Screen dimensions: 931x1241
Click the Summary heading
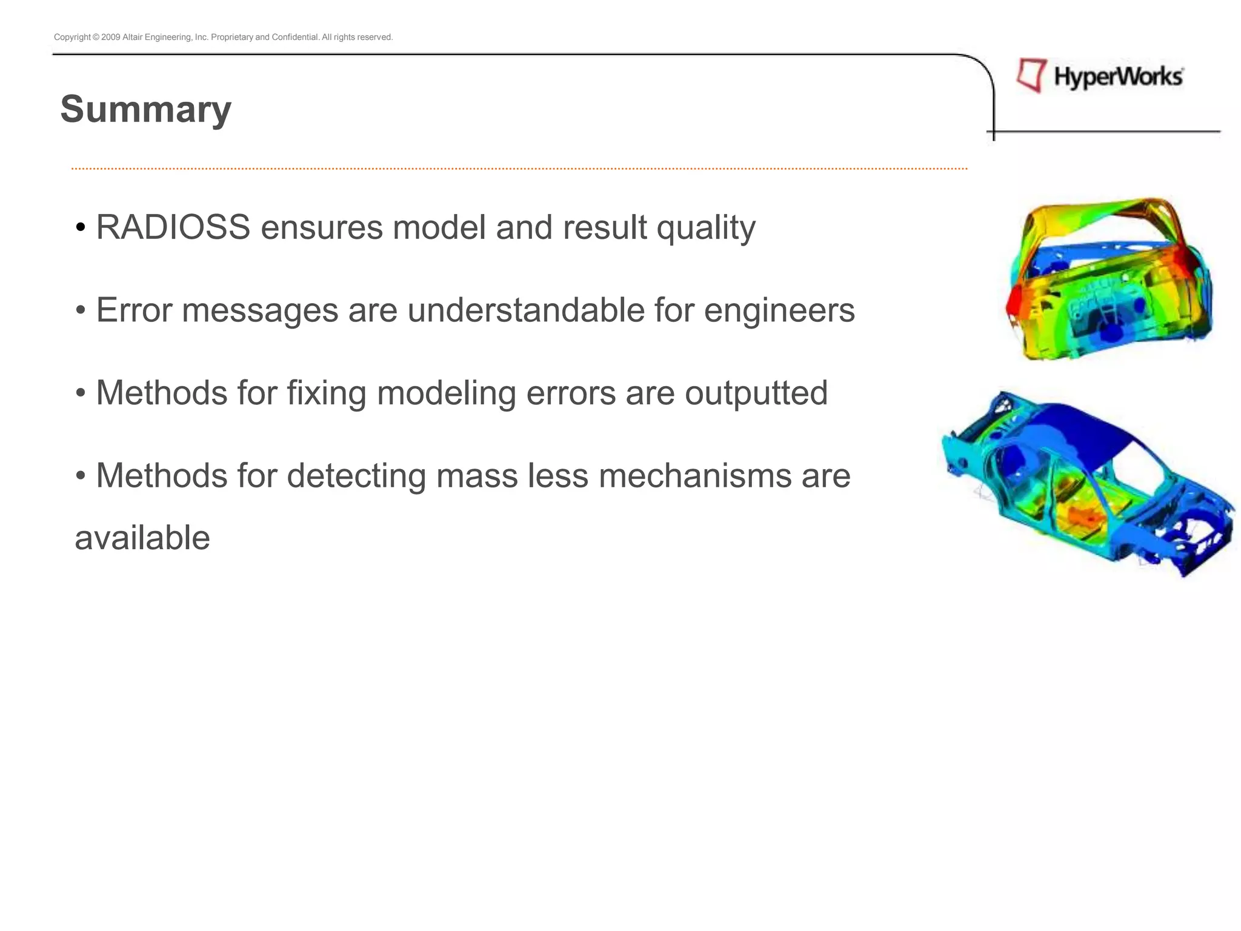(145, 110)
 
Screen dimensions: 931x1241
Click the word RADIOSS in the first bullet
(173, 227)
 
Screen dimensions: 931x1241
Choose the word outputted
(756, 393)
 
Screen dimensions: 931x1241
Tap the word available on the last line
(142, 538)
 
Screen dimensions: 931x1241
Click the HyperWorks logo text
(1118, 78)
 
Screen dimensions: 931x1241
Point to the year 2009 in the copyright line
(111, 38)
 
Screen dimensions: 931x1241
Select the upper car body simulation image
(1109, 279)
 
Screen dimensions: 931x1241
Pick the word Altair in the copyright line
(132, 38)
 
